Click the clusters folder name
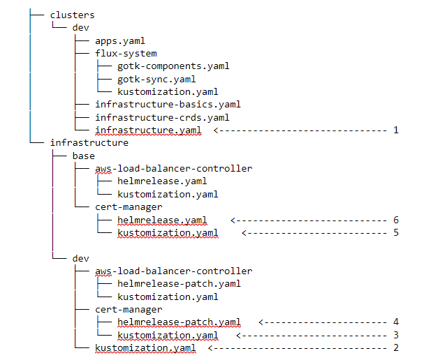(x=72, y=15)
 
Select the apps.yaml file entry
(x=120, y=41)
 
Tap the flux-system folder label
(x=126, y=54)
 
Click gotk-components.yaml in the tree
(x=173, y=66)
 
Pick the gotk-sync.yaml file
(x=156, y=79)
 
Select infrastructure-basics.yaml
(x=168, y=105)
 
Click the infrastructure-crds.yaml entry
(x=162, y=117)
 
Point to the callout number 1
(x=396, y=130)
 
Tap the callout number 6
(x=396, y=220)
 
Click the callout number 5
(x=396, y=233)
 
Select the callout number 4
(x=396, y=322)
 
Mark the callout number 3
(x=396, y=335)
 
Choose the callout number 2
(x=396, y=347)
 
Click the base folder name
(x=84, y=156)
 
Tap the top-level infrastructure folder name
(x=89, y=143)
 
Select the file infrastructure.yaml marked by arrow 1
(x=148, y=130)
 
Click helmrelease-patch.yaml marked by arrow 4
(x=179, y=322)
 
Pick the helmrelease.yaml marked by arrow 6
(x=162, y=220)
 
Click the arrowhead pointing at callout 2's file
(x=210, y=347)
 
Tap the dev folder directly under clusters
(x=81, y=28)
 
